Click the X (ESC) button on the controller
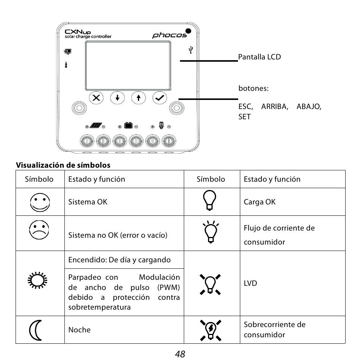96,98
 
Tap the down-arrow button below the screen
117,98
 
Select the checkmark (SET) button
160,98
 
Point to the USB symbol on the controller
191,50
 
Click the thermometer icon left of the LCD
66,65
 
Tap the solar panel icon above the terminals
96,126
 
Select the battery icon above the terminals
128,125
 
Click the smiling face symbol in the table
40,202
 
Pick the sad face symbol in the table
39,230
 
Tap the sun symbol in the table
38,281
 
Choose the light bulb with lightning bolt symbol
210,330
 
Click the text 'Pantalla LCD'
259,57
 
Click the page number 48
180,354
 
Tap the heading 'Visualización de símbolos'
63,165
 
